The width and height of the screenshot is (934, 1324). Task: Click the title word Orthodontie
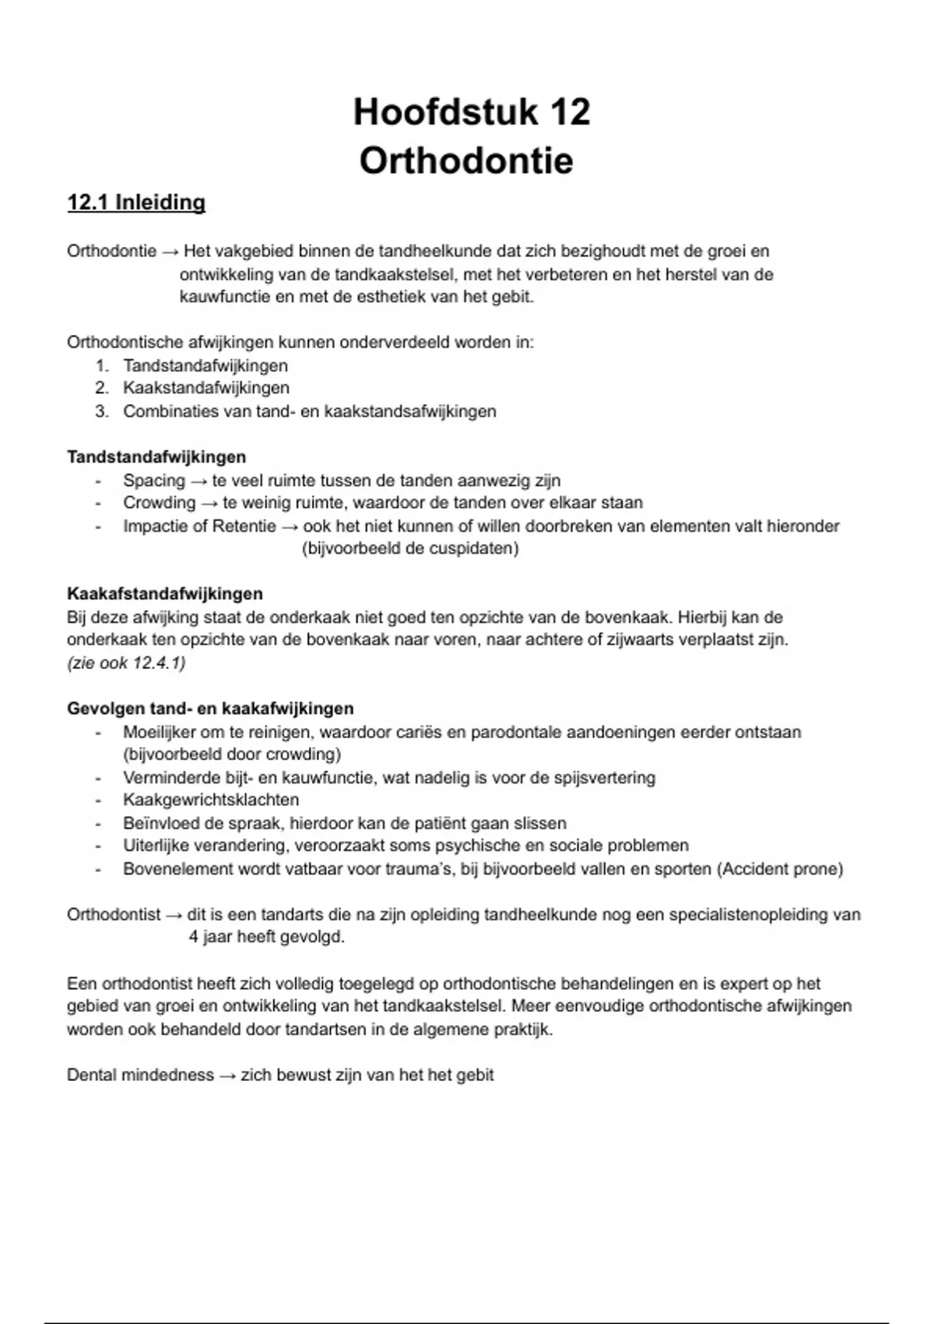click(x=466, y=161)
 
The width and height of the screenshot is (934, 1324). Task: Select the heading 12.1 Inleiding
click(x=136, y=202)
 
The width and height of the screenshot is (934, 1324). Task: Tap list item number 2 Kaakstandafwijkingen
click(x=205, y=388)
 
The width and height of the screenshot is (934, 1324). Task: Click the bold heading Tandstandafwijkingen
click(x=156, y=457)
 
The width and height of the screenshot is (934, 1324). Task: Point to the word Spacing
click(x=154, y=481)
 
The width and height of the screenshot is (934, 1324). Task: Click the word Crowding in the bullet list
click(x=159, y=503)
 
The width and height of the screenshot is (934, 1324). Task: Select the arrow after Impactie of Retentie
click(x=290, y=526)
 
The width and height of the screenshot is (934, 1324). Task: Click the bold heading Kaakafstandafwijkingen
click(x=165, y=594)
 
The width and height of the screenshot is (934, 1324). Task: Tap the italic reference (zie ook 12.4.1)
click(x=126, y=663)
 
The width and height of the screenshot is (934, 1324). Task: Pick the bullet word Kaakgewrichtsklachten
click(x=210, y=800)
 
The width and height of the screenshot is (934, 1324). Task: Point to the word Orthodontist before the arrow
click(x=114, y=914)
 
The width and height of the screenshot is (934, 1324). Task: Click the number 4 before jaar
click(x=193, y=937)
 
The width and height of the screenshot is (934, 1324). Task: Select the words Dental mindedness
click(x=140, y=1075)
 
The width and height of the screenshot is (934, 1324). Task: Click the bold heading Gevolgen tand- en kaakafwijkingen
click(x=210, y=709)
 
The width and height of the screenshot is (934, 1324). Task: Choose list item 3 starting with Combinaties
click(x=309, y=411)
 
